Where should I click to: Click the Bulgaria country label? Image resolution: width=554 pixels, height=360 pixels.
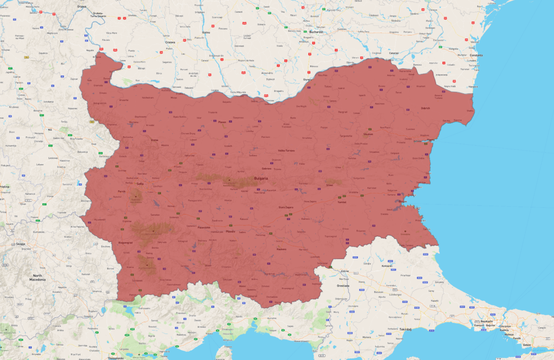point(261,178)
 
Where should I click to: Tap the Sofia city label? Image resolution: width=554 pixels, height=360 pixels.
point(140,184)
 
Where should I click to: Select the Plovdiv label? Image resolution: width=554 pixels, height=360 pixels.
point(231,232)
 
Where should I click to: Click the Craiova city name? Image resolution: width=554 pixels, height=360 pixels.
point(170,42)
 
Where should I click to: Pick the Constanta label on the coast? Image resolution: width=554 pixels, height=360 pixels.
point(476,55)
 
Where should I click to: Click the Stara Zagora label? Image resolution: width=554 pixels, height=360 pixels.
point(286,207)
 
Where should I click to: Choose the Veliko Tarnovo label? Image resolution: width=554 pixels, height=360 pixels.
point(286,151)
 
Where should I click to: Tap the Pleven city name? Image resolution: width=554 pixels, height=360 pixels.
point(222,122)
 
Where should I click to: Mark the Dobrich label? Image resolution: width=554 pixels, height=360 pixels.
point(425,108)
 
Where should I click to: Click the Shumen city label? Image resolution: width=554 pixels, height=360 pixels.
point(368,134)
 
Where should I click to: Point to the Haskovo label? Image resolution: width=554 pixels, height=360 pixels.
point(281,249)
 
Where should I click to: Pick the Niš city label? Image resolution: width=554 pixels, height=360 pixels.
point(50,129)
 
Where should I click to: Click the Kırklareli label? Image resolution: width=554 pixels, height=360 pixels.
point(387,266)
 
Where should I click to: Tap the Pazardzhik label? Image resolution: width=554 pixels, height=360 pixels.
point(204,227)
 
